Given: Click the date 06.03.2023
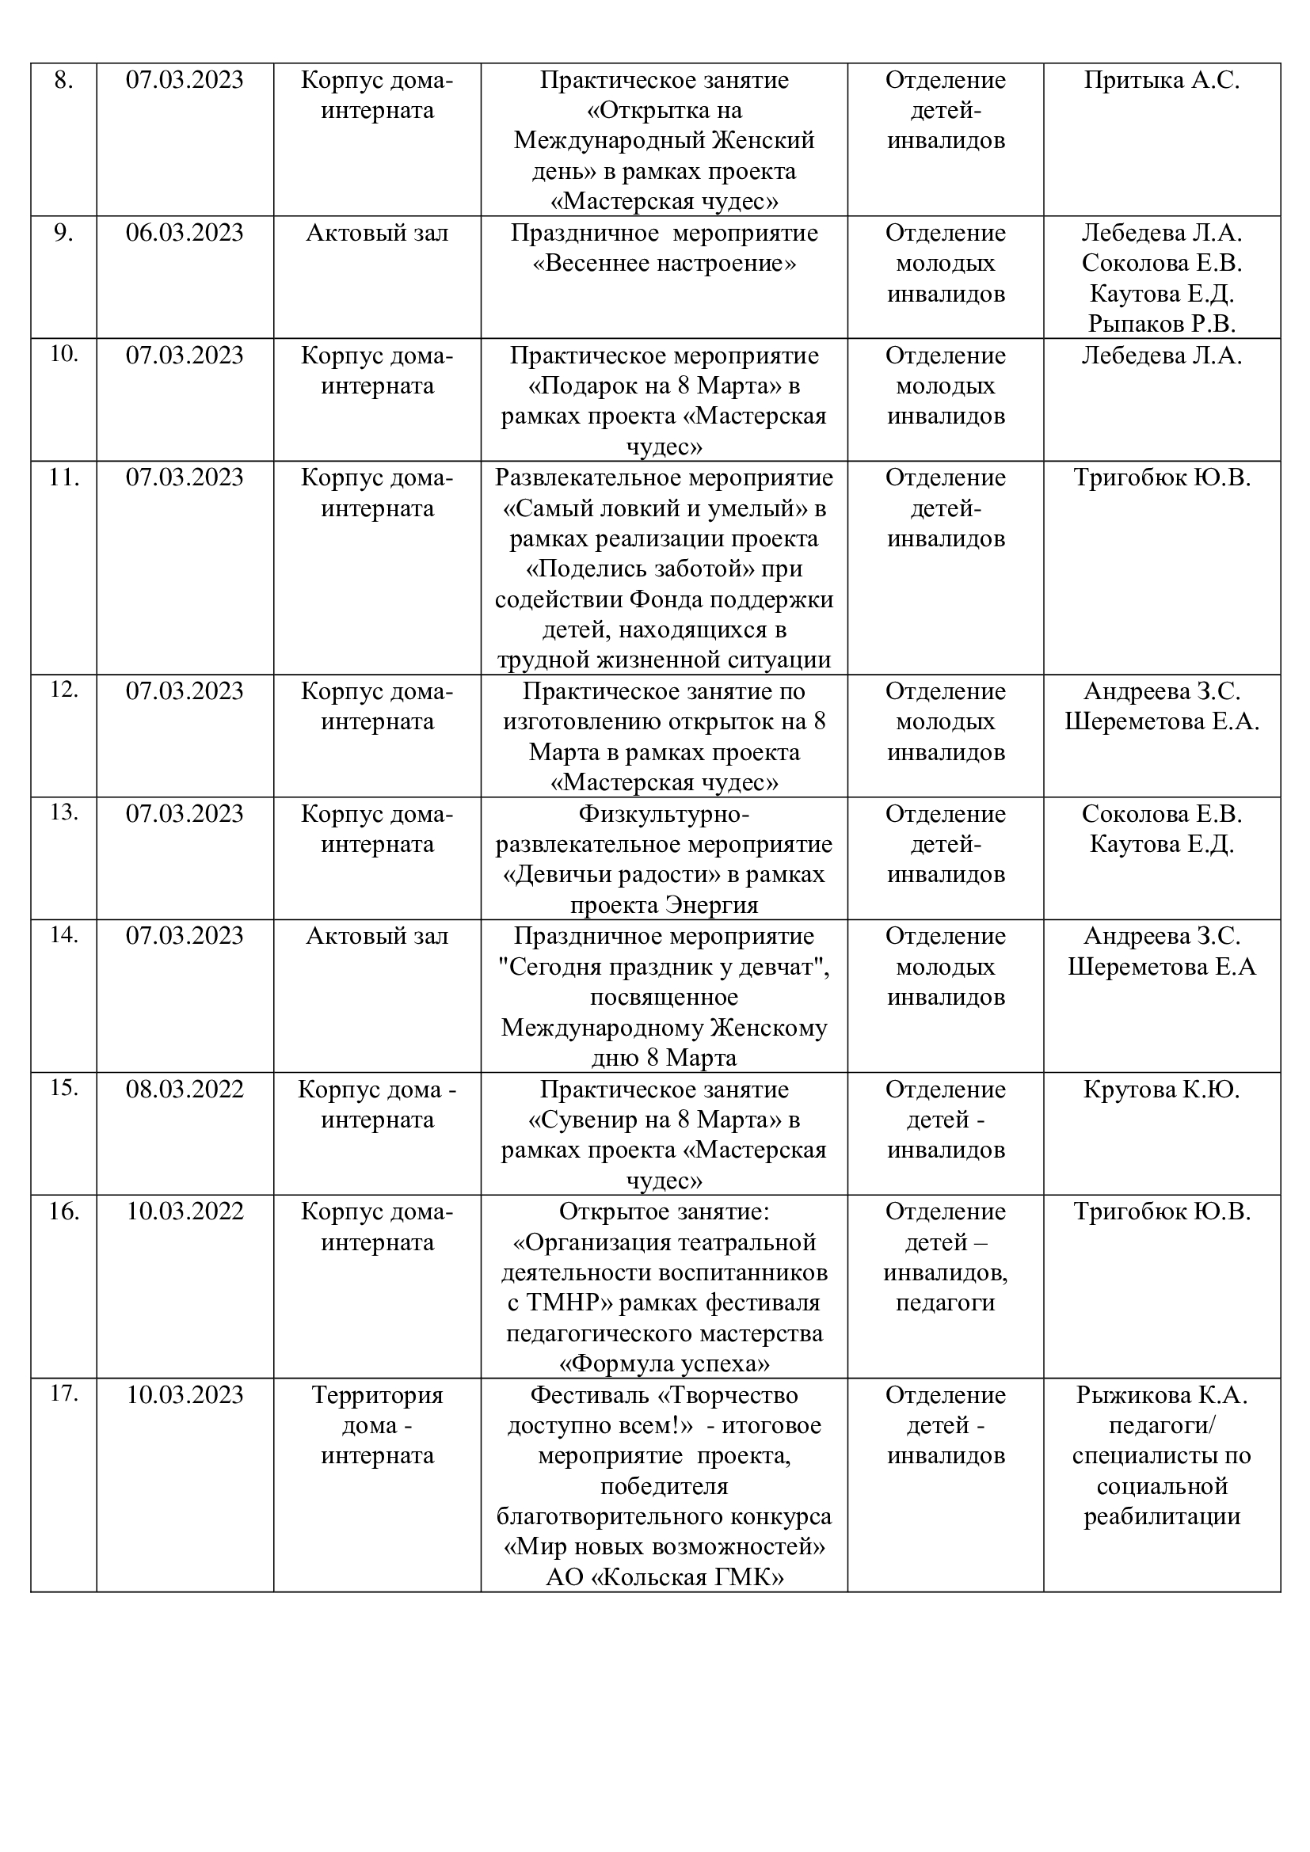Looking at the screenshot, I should pos(184,233).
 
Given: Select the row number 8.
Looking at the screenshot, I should pos(63,81).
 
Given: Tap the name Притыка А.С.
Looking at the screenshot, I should pos(1162,81).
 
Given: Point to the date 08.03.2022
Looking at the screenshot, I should pos(184,1090).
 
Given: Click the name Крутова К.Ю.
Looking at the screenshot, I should pos(1162,1090).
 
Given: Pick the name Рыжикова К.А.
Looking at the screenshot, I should pos(1162,1394).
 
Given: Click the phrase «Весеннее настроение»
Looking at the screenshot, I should pos(664,264).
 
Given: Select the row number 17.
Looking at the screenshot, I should pos(63,1393).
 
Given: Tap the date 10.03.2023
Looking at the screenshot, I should pos(184,1394).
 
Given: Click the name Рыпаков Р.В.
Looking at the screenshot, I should pos(1162,325).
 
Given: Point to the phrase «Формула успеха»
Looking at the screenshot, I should pos(664,1364).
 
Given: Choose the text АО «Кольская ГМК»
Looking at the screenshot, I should pos(664,1577).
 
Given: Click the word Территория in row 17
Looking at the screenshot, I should pos(378,1394).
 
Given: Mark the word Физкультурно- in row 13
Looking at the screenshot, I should pos(664,814).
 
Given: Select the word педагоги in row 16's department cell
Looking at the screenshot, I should pos(946,1302).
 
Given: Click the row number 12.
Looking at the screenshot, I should pos(63,690).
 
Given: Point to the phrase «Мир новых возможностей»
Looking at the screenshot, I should pos(664,1547).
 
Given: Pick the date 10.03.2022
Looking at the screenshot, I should pos(184,1211).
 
